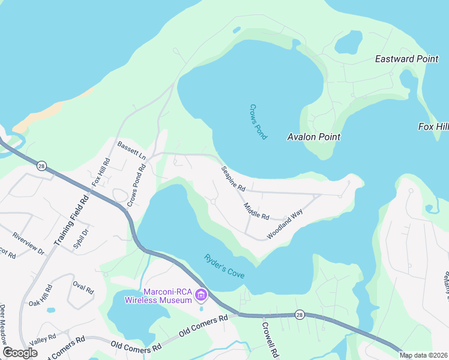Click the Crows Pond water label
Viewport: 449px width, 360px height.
pyautogui.click(x=258, y=122)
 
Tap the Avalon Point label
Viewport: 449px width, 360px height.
pyautogui.click(x=313, y=137)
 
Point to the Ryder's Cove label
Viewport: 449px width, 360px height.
pyautogui.click(x=224, y=265)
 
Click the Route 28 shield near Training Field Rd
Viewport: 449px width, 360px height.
pyautogui.click(x=41, y=166)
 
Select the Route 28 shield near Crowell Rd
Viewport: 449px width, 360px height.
pyautogui.click(x=299, y=314)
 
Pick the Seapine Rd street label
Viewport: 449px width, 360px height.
pyautogui.click(x=234, y=179)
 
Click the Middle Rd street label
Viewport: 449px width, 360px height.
pyautogui.click(x=256, y=211)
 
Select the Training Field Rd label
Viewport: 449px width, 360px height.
pyautogui.click(x=71, y=218)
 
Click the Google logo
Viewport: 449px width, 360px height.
pyautogui.click(x=20, y=353)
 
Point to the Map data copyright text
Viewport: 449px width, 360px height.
pyautogui.click(x=423, y=355)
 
